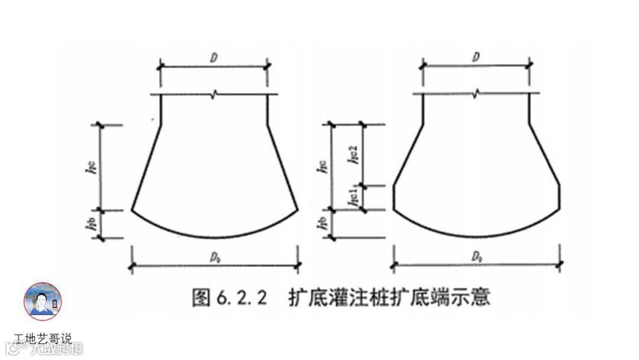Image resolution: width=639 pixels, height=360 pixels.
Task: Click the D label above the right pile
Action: (476, 57)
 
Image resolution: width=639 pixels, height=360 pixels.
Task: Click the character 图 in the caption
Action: (201, 297)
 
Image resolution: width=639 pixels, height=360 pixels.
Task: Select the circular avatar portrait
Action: (43, 301)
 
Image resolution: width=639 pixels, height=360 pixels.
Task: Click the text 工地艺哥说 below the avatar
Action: (43, 339)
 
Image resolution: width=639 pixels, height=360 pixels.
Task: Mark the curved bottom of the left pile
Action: (214, 236)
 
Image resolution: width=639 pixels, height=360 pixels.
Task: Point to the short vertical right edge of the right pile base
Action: (560, 197)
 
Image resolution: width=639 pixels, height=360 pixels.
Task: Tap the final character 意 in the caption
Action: (481, 297)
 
